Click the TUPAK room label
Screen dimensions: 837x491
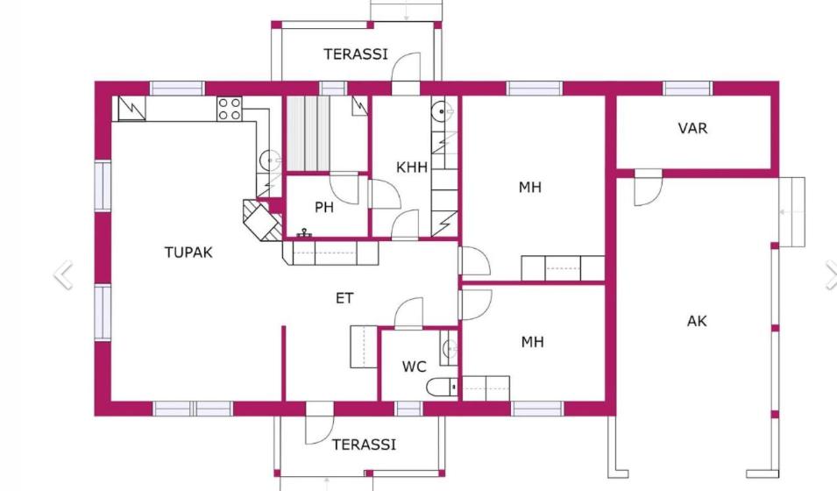tap(188, 253)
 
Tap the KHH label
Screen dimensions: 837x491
tap(412, 167)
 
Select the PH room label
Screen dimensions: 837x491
tap(324, 207)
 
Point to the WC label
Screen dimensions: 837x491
tap(414, 366)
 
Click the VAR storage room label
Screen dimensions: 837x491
tap(692, 128)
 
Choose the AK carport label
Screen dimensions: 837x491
tap(697, 321)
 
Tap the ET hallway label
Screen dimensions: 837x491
tap(344, 298)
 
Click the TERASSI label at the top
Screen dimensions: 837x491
tap(356, 54)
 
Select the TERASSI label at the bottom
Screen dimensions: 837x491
tap(364, 445)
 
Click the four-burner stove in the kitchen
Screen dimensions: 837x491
tap(230, 109)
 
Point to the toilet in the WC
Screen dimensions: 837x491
tap(442, 387)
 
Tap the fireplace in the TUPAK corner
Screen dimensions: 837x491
tap(262, 219)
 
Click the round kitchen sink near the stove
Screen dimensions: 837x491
tap(270, 160)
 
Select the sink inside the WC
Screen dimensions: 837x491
tap(450, 348)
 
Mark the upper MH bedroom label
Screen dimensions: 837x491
tap(529, 187)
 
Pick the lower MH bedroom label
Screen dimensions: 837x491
tap(532, 341)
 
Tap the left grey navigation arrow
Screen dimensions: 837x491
tap(63, 275)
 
